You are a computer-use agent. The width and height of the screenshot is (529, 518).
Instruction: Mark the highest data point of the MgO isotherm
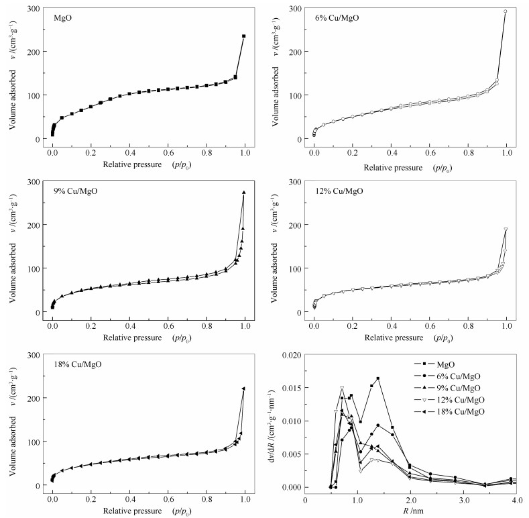click(244, 36)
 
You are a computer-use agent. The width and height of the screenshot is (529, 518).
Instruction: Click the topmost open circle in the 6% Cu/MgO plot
click(506, 11)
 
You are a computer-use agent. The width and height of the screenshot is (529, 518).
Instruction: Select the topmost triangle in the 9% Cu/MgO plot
click(244, 193)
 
